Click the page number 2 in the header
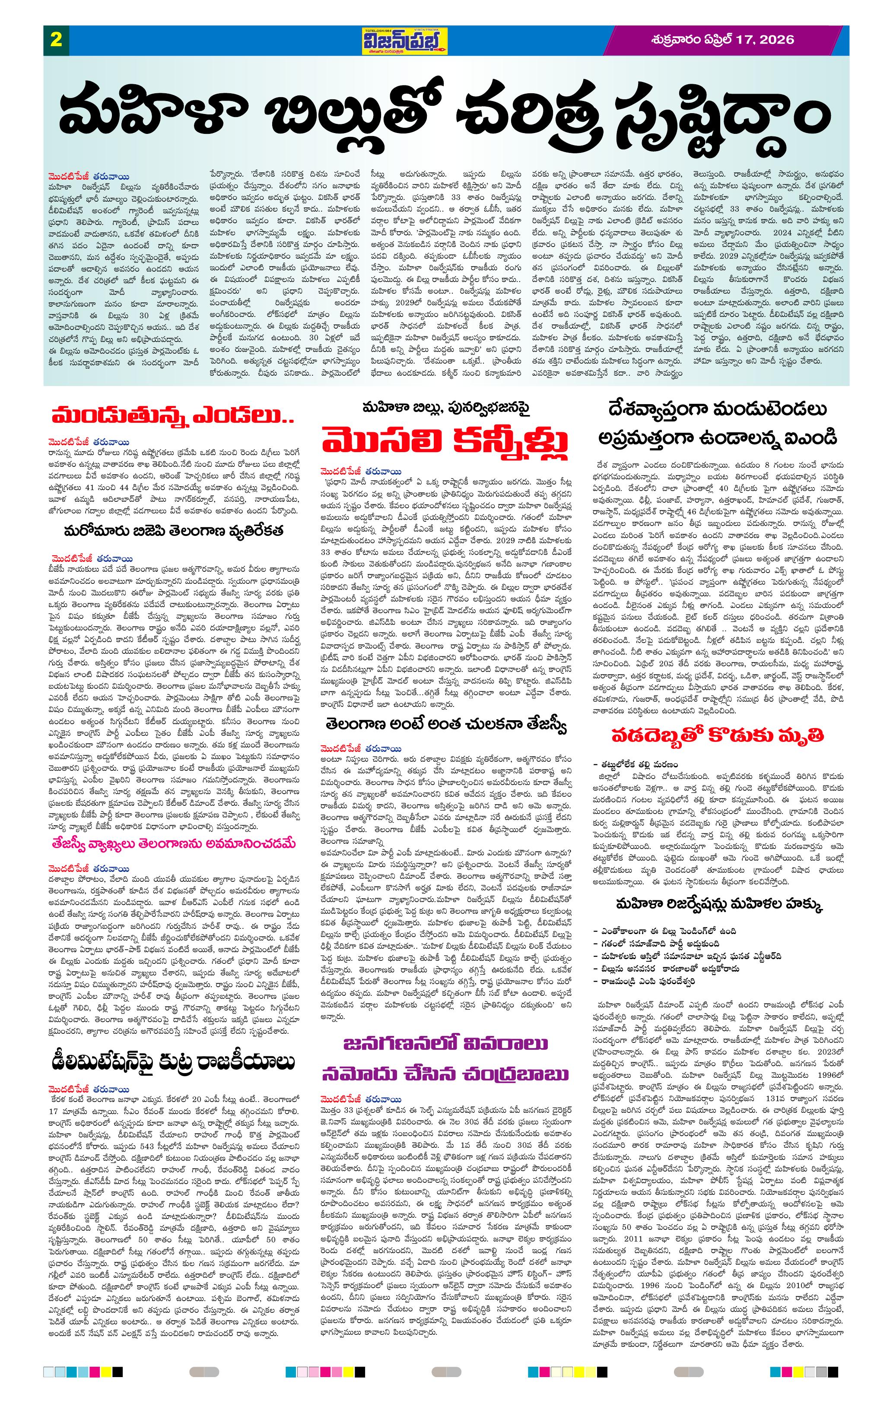pos(57,40)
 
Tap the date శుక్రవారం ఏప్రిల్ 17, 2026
pos(723,40)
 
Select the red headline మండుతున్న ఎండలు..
pos(172,417)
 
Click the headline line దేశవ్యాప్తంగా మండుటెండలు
pos(716,409)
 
